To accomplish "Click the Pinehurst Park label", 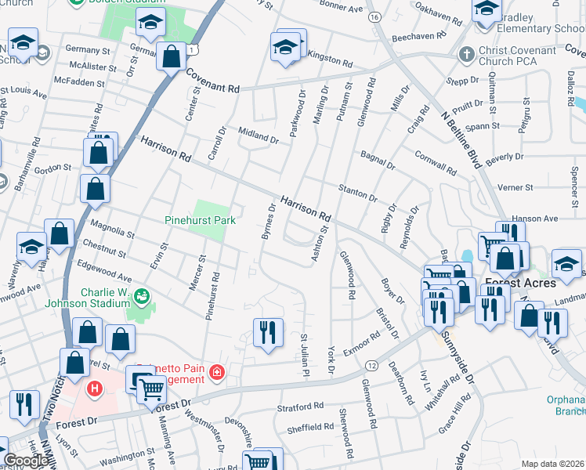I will coord(200,221).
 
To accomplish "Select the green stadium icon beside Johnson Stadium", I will coord(142,296).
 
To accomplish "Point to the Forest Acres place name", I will coord(520,282).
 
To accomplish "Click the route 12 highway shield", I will coord(371,367).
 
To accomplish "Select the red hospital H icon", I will coord(95,388).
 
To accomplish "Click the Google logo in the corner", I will coord(26,461).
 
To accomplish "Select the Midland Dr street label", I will coord(259,136).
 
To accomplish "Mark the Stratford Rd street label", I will coord(300,407).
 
